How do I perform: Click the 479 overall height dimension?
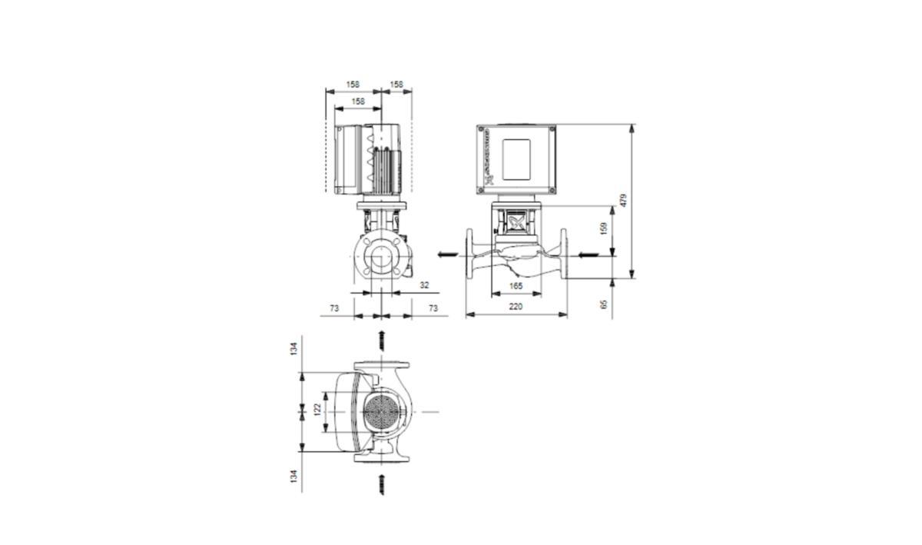(624, 200)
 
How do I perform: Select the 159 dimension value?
(604, 229)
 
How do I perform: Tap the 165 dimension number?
(516, 286)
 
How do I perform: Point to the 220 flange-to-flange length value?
(516, 307)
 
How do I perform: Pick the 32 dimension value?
(424, 285)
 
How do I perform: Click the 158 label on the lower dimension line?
(358, 101)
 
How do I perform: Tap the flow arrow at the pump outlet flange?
(446, 254)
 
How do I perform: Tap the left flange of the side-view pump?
(469, 254)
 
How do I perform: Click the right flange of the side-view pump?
(564, 254)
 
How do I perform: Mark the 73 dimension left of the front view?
(334, 307)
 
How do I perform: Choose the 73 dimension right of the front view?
(433, 307)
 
